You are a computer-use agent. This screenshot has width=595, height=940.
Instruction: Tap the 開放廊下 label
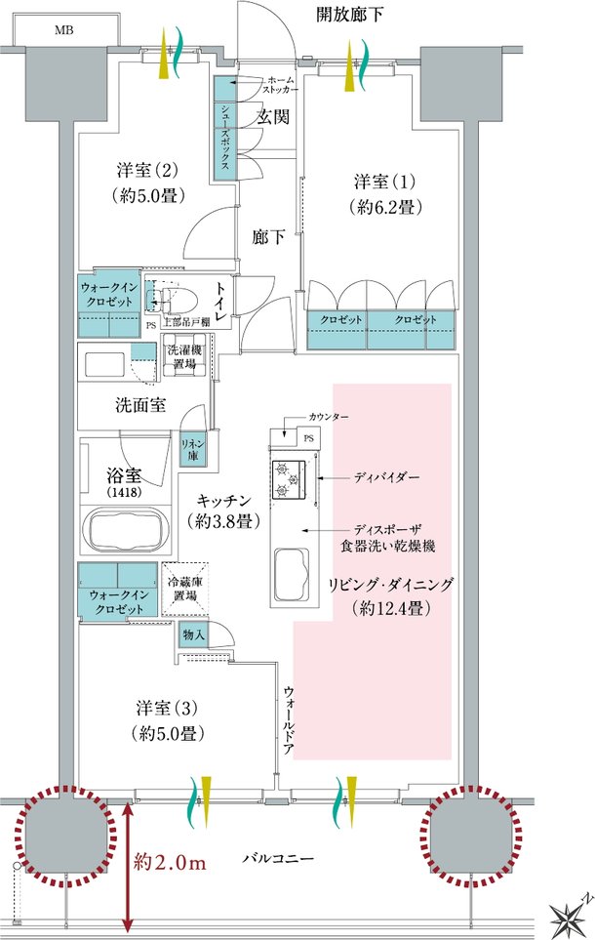(x=349, y=15)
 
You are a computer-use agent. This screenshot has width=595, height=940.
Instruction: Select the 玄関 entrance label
(x=273, y=117)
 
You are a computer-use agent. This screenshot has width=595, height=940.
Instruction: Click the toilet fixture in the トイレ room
(x=174, y=296)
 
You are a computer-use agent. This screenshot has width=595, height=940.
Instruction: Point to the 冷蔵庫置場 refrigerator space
(x=185, y=589)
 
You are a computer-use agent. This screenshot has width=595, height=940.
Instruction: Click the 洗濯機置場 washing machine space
(x=184, y=357)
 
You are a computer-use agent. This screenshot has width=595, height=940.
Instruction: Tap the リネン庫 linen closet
(x=193, y=450)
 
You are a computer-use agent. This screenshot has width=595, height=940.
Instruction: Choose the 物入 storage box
(x=193, y=634)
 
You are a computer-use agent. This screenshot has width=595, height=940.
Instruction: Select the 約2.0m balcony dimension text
(x=170, y=863)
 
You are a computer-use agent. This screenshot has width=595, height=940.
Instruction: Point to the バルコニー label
(x=278, y=858)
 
